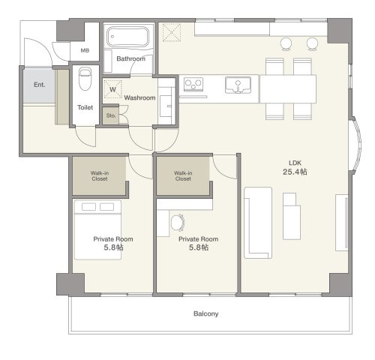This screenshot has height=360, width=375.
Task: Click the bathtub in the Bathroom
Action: pyautogui.click(x=127, y=37)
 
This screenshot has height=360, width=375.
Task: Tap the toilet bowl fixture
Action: pyautogui.click(x=85, y=79)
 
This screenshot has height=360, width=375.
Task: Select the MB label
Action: pyautogui.click(x=85, y=50)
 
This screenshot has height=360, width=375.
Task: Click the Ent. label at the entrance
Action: pyautogui.click(x=40, y=85)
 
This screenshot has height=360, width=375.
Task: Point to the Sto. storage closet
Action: pyautogui.click(x=111, y=115)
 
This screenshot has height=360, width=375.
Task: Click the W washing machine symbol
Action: pyautogui.click(x=112, y=89)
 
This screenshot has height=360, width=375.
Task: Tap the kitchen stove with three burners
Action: pyautogui.click(x=193, y=84)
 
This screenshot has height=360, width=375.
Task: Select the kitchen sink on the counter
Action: pyautogui.click(x=238, y=85)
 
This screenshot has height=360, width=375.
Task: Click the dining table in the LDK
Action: pyautogui.click(x=288, y=88)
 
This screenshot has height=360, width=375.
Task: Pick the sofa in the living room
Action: pyautogui.click(x=258, y=223)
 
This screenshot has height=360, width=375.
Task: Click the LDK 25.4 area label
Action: pyautogui.click(x=295, y=167)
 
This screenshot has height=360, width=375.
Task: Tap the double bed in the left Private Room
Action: pyautogui.click(x=98, y=229)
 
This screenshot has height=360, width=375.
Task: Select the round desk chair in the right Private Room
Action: pyautogui.click(x=178, y=223)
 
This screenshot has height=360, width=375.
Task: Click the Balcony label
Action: pyautogui.click(x=206, y=313)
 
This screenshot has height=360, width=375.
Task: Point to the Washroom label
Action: pyautogui.click(x=139, y=97)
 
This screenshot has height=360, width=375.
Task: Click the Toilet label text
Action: pyautogui.click(x=85, y=107)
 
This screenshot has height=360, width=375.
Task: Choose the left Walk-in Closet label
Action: pyautogui.click(x=100, y=175)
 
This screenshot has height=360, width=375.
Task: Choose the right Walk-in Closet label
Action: pyautogui.click(x=183, y=175)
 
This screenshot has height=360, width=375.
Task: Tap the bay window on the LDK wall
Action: pyautogui.click(x=355, y=145)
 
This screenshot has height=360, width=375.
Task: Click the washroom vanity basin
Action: pyautogui.click(x=166, y=106)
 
